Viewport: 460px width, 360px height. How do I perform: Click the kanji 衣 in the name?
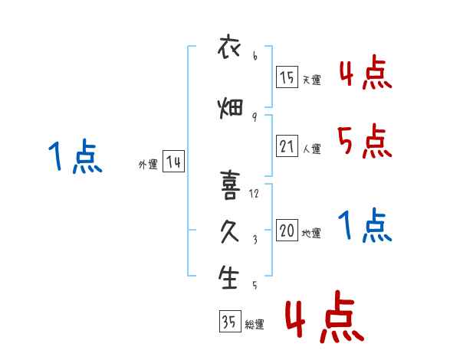click(x=229, y=46)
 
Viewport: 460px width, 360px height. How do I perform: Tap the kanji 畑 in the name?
click(x=230, y=109)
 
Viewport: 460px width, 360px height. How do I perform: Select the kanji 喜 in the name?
click(x=230, y=185)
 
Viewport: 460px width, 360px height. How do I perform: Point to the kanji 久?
click(x=230, y=231)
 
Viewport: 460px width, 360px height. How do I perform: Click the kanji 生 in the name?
click(x=228, y=277)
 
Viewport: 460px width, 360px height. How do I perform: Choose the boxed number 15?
click(x=287, y=77)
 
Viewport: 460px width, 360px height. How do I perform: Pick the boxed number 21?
click(x=287, y=146)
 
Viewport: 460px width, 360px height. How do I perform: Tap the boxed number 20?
click(x=287, y=230)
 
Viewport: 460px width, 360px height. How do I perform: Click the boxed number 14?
click(x=173, y=162)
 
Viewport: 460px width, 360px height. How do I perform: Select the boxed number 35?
click(x=230, y=321)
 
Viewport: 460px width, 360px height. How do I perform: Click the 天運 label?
click(x=312, y=80)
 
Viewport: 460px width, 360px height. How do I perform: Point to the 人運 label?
click(x=312, y=149)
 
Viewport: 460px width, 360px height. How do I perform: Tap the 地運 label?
click(x=311, y=234)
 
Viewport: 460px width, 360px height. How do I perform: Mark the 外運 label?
click(x=148, y=165)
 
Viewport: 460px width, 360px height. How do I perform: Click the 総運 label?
click(x=255, y=325)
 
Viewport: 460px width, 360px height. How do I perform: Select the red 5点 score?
click(x=365, y=141)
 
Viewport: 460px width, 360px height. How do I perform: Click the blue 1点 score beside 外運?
click(x=75, y=156)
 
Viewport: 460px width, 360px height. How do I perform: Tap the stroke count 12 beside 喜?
click(x=254, y=194)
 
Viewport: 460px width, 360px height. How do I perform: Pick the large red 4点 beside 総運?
click(x=325, y=316)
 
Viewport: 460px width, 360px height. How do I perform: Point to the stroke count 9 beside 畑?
click(x=255, y=117)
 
